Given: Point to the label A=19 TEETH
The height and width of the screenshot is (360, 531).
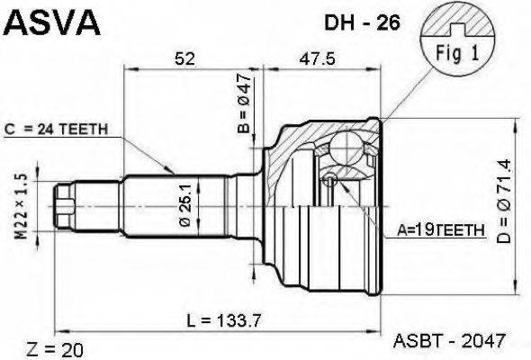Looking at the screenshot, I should pos(440,232).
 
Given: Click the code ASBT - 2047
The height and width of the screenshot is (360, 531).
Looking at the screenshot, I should pos(449,341).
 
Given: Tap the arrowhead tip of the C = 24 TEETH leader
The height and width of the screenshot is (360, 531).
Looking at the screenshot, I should pos(175,172).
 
